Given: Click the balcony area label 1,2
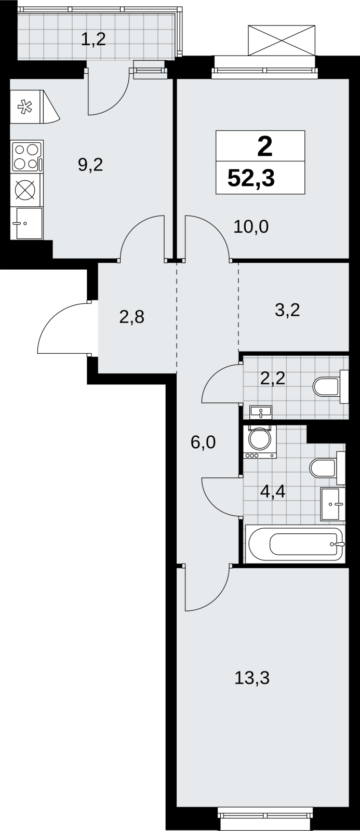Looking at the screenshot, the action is point(93,39).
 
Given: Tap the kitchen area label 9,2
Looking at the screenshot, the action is point(90,165).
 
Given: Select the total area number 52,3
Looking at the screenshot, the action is point(251,178).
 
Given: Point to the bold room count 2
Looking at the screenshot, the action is point(264,146).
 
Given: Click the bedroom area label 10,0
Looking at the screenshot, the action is point(251,226).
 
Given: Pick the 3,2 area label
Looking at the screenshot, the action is point(287,310).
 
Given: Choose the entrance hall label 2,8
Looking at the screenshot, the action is point(132,317).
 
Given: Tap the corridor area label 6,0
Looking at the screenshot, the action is point(203,442).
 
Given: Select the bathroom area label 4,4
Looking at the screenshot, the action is point(273,492).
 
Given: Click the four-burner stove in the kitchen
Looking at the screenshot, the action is point(28,156).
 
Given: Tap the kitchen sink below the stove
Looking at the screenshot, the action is point(29,224).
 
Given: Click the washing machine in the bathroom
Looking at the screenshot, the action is point(260,441).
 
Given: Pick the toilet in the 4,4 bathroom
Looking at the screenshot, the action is point(327,467).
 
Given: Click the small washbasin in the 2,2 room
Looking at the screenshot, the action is point(261,412).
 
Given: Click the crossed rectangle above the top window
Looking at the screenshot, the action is point(282,41).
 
